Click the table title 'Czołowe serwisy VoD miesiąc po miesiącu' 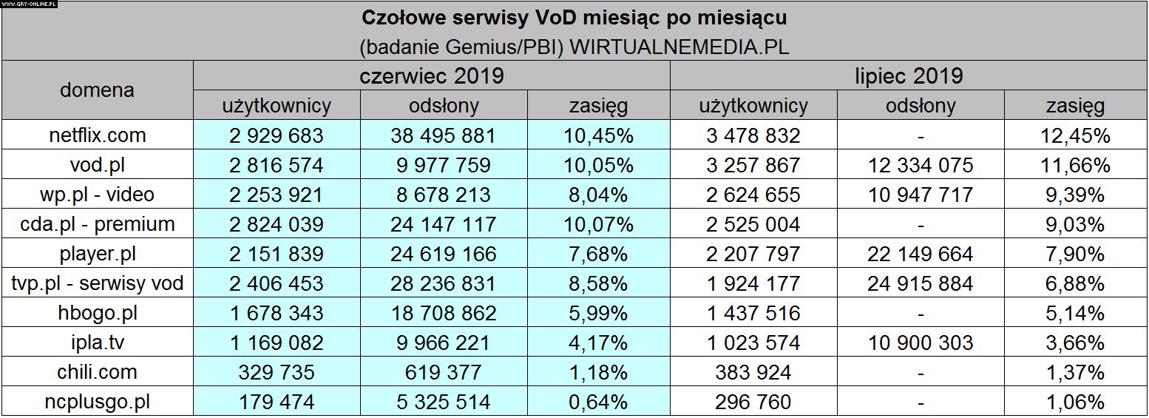(x=574, y=17)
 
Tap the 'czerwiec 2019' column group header (x=432, y=75)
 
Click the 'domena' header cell (x=97, y=90)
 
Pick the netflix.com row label (x=97, y=135)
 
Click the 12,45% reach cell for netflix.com (x=1074, y=135)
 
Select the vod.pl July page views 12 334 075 (x=920, y=165)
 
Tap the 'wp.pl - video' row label (x=97, y=195)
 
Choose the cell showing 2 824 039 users (x=277, y=224)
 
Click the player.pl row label (x=97, y=254)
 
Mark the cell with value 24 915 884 (x=920, y=283)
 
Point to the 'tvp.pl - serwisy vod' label (x=97, y=283)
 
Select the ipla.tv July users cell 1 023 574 (x=753, y=343)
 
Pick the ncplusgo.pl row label (x=97, y=402)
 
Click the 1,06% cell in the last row (x=1074, y=402)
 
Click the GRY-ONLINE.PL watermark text (x=30, y=4)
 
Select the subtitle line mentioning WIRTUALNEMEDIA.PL (x=574, y=47)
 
